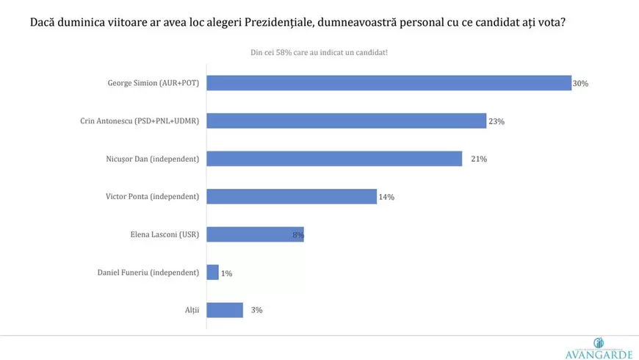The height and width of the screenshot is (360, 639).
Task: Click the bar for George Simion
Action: [x=389, y=83]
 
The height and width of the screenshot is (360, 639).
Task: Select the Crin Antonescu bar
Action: [x=346, y=120]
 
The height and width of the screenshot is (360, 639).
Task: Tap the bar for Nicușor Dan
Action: [x=334, y=159]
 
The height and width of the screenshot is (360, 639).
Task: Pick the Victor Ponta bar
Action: [x=292, y=196]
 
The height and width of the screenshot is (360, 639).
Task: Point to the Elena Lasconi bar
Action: [x=255, y=234]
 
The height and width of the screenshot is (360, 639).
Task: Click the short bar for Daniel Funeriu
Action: [x=213, y=273]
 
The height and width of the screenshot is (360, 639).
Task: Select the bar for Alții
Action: [x=225, y=310]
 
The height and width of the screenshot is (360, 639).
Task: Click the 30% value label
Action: [x=580, y=84]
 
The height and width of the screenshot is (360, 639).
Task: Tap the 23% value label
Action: [x=497, y=121]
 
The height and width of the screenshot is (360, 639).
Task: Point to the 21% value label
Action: [x=471, y=159]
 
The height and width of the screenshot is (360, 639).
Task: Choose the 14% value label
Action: [x=386, y=197]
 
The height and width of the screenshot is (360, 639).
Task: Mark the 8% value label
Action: [x=298, y=235]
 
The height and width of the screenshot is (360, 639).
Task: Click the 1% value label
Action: [x=227, y=273]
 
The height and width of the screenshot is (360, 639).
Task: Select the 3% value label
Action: [x=256, y=310]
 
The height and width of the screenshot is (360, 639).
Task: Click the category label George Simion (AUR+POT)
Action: [x=154, y=83]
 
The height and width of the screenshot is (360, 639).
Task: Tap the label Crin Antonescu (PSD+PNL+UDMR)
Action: [x=140, y=120]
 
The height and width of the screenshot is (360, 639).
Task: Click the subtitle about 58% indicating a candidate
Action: [x=319, y=53]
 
